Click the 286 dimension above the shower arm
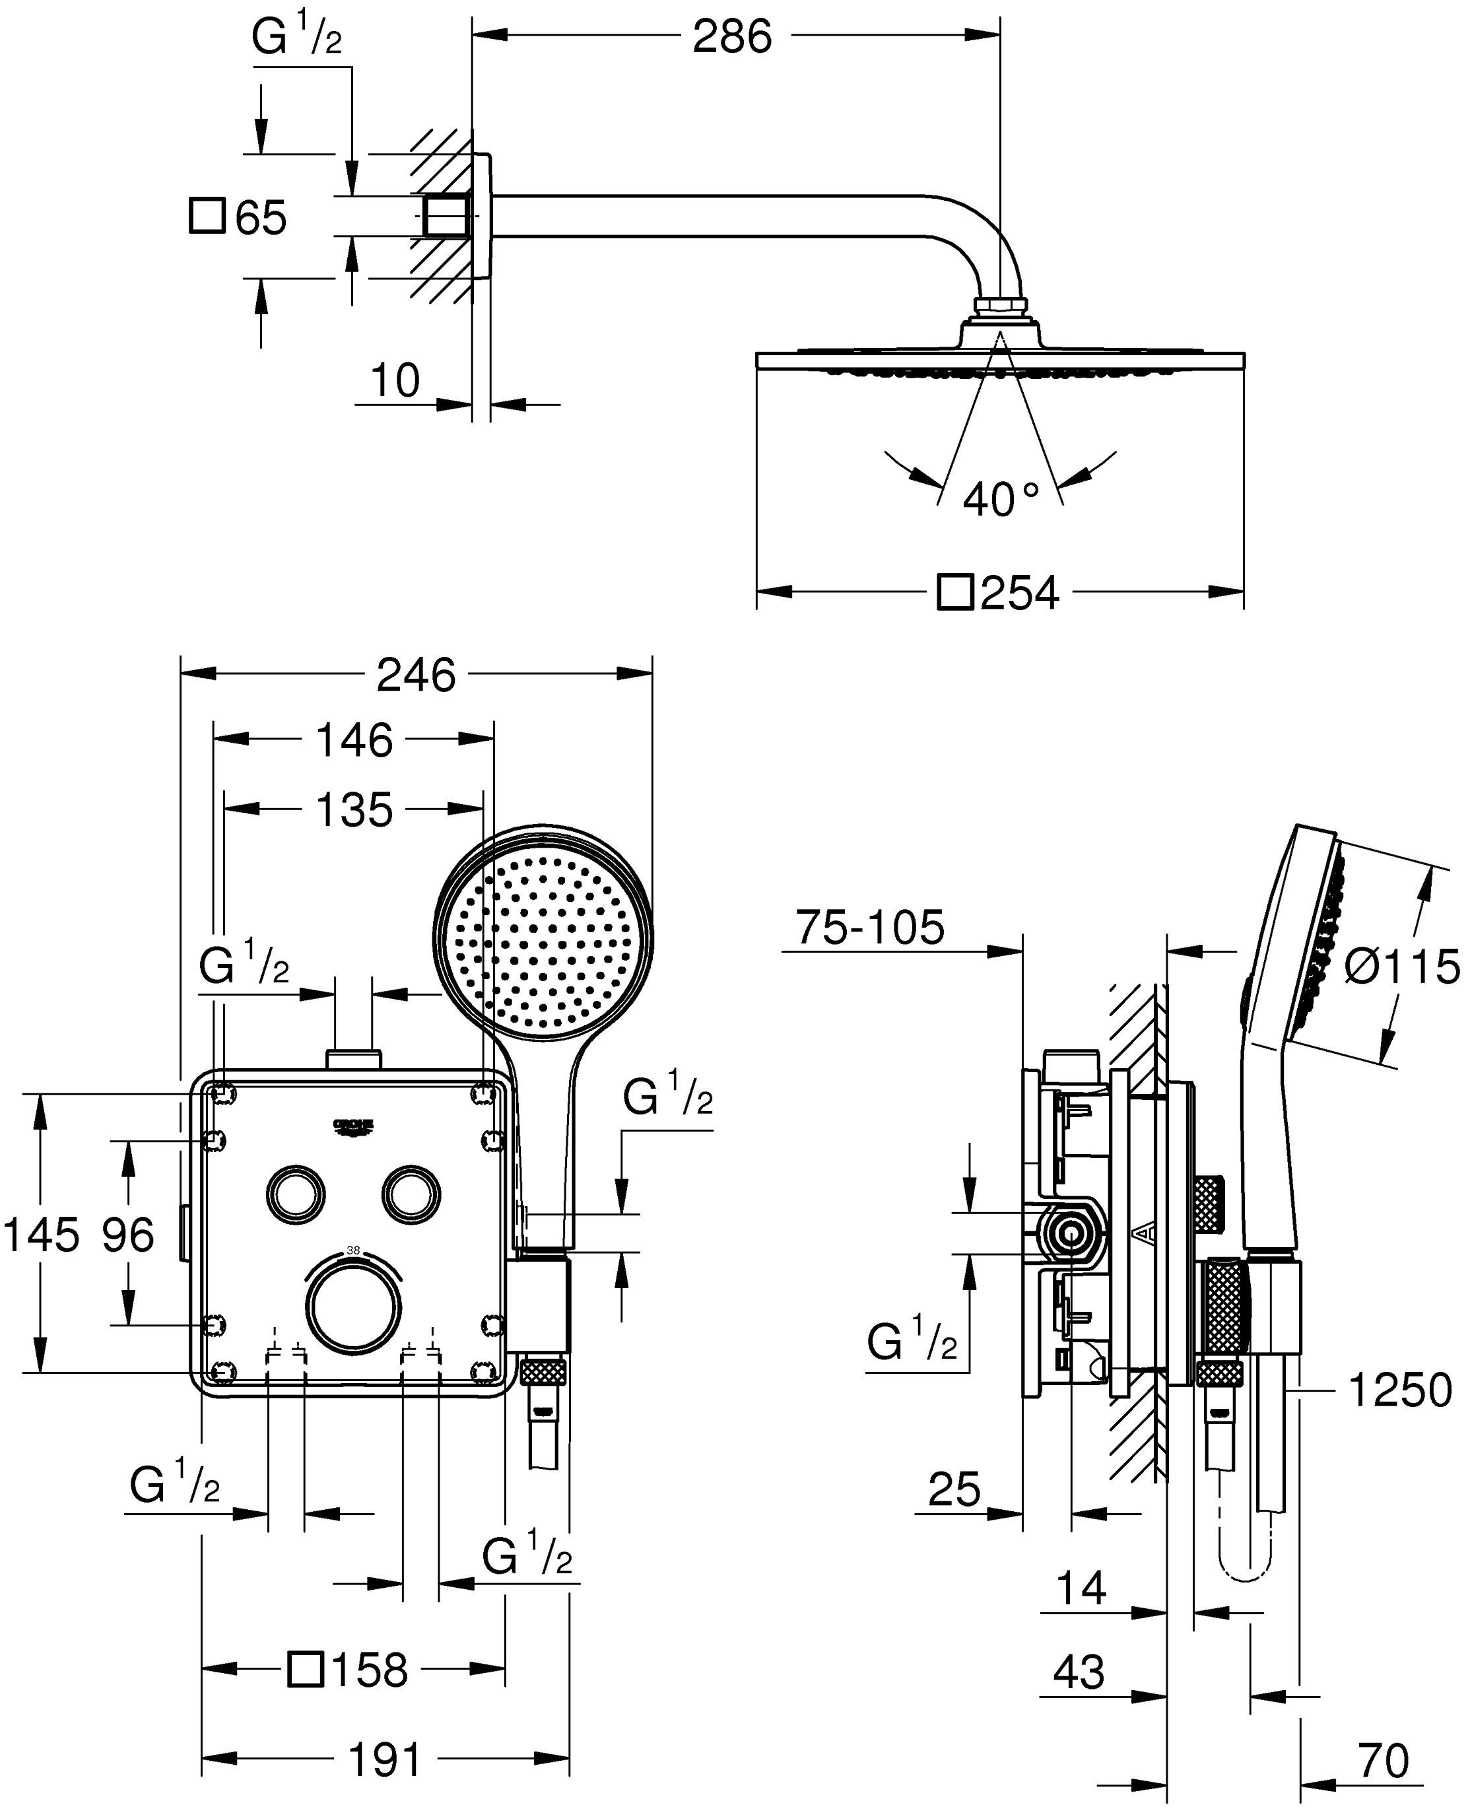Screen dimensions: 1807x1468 [x=732, y=37]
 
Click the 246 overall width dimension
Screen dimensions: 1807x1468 [x=415, y=675]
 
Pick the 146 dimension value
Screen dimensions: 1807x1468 [x=354, y=741]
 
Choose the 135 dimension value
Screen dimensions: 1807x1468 [x=354, y=811]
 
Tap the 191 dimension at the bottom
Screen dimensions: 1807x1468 [x=385, y=1761]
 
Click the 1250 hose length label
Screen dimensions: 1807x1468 [x=1399, y=1390]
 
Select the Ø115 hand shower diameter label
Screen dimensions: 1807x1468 [x=1401, y=967]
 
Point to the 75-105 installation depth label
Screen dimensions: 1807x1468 [x=869, y=928]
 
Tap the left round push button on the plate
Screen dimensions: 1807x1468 [x=295, y=1193]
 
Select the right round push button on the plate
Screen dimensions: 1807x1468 [x=411, y=1193]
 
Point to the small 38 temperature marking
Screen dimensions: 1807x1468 [x=354, y=1250]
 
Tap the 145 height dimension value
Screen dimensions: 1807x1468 [x=42, y=1235]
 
